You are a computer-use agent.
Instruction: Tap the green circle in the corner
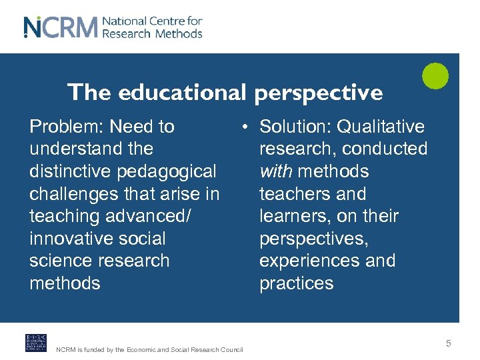(435, 75)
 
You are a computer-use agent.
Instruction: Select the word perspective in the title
(318, 93)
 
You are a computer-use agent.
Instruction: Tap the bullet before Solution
(246, 127)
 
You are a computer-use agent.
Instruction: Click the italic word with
(275, 171)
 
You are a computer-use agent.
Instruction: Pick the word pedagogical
(167, 171)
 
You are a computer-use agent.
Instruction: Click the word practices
(296, 283)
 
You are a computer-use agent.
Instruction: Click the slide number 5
(449, 343)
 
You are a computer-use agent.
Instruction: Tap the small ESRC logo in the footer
(36, 342)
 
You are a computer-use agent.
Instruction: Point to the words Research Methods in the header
(153, 33)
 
